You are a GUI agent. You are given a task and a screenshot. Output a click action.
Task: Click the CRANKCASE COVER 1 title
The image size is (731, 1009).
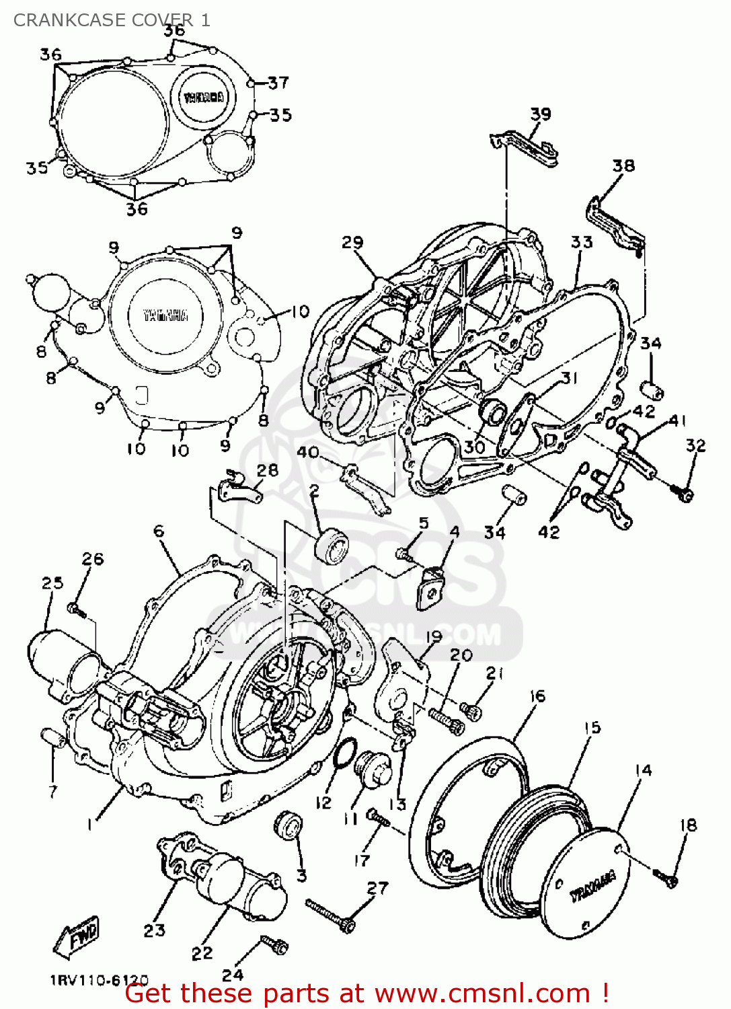112,20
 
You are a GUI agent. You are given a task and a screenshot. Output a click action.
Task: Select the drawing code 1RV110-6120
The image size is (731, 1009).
99,981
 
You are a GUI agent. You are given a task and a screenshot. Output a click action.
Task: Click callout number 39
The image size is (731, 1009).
540,114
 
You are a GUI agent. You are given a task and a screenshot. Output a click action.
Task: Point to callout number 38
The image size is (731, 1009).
623,165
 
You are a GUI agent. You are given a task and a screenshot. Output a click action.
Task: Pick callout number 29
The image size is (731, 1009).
352,242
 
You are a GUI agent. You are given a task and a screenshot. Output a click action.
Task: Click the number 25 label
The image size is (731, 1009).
52,583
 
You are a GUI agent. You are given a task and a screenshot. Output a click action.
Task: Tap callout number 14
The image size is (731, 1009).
643,770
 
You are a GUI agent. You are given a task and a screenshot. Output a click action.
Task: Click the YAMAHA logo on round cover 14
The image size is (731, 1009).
592,885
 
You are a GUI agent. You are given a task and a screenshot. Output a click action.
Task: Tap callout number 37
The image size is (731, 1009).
278,83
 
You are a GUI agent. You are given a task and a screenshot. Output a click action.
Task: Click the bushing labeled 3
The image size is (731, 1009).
288,825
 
